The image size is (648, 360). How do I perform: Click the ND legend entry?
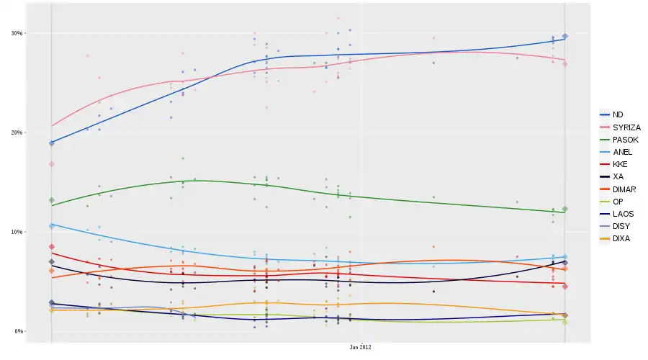click(618, 114)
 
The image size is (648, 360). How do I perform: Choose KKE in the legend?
click(619, 164)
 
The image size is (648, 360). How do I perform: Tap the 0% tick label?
click(19, 331)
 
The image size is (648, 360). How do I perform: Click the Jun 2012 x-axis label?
click(361, 347)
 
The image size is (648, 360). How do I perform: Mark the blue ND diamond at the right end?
click(565, 36)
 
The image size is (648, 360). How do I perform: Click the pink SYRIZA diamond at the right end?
click(565, 64)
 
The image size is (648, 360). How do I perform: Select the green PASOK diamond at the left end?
click(51, 200)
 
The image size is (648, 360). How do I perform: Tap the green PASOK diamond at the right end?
click(565, 210)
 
